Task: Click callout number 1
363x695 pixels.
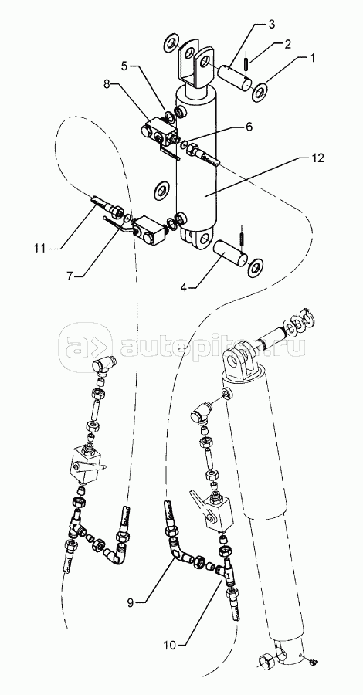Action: coord(313,58)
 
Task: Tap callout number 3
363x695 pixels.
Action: coord(271,24)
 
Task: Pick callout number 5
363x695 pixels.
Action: coord(124,66)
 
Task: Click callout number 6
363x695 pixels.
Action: coord(249,127)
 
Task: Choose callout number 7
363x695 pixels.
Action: coord(70,276)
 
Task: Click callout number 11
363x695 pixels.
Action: coord(40,248)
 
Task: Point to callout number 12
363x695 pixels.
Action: coord(318,158)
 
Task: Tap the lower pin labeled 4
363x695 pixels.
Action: coord(229,253)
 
